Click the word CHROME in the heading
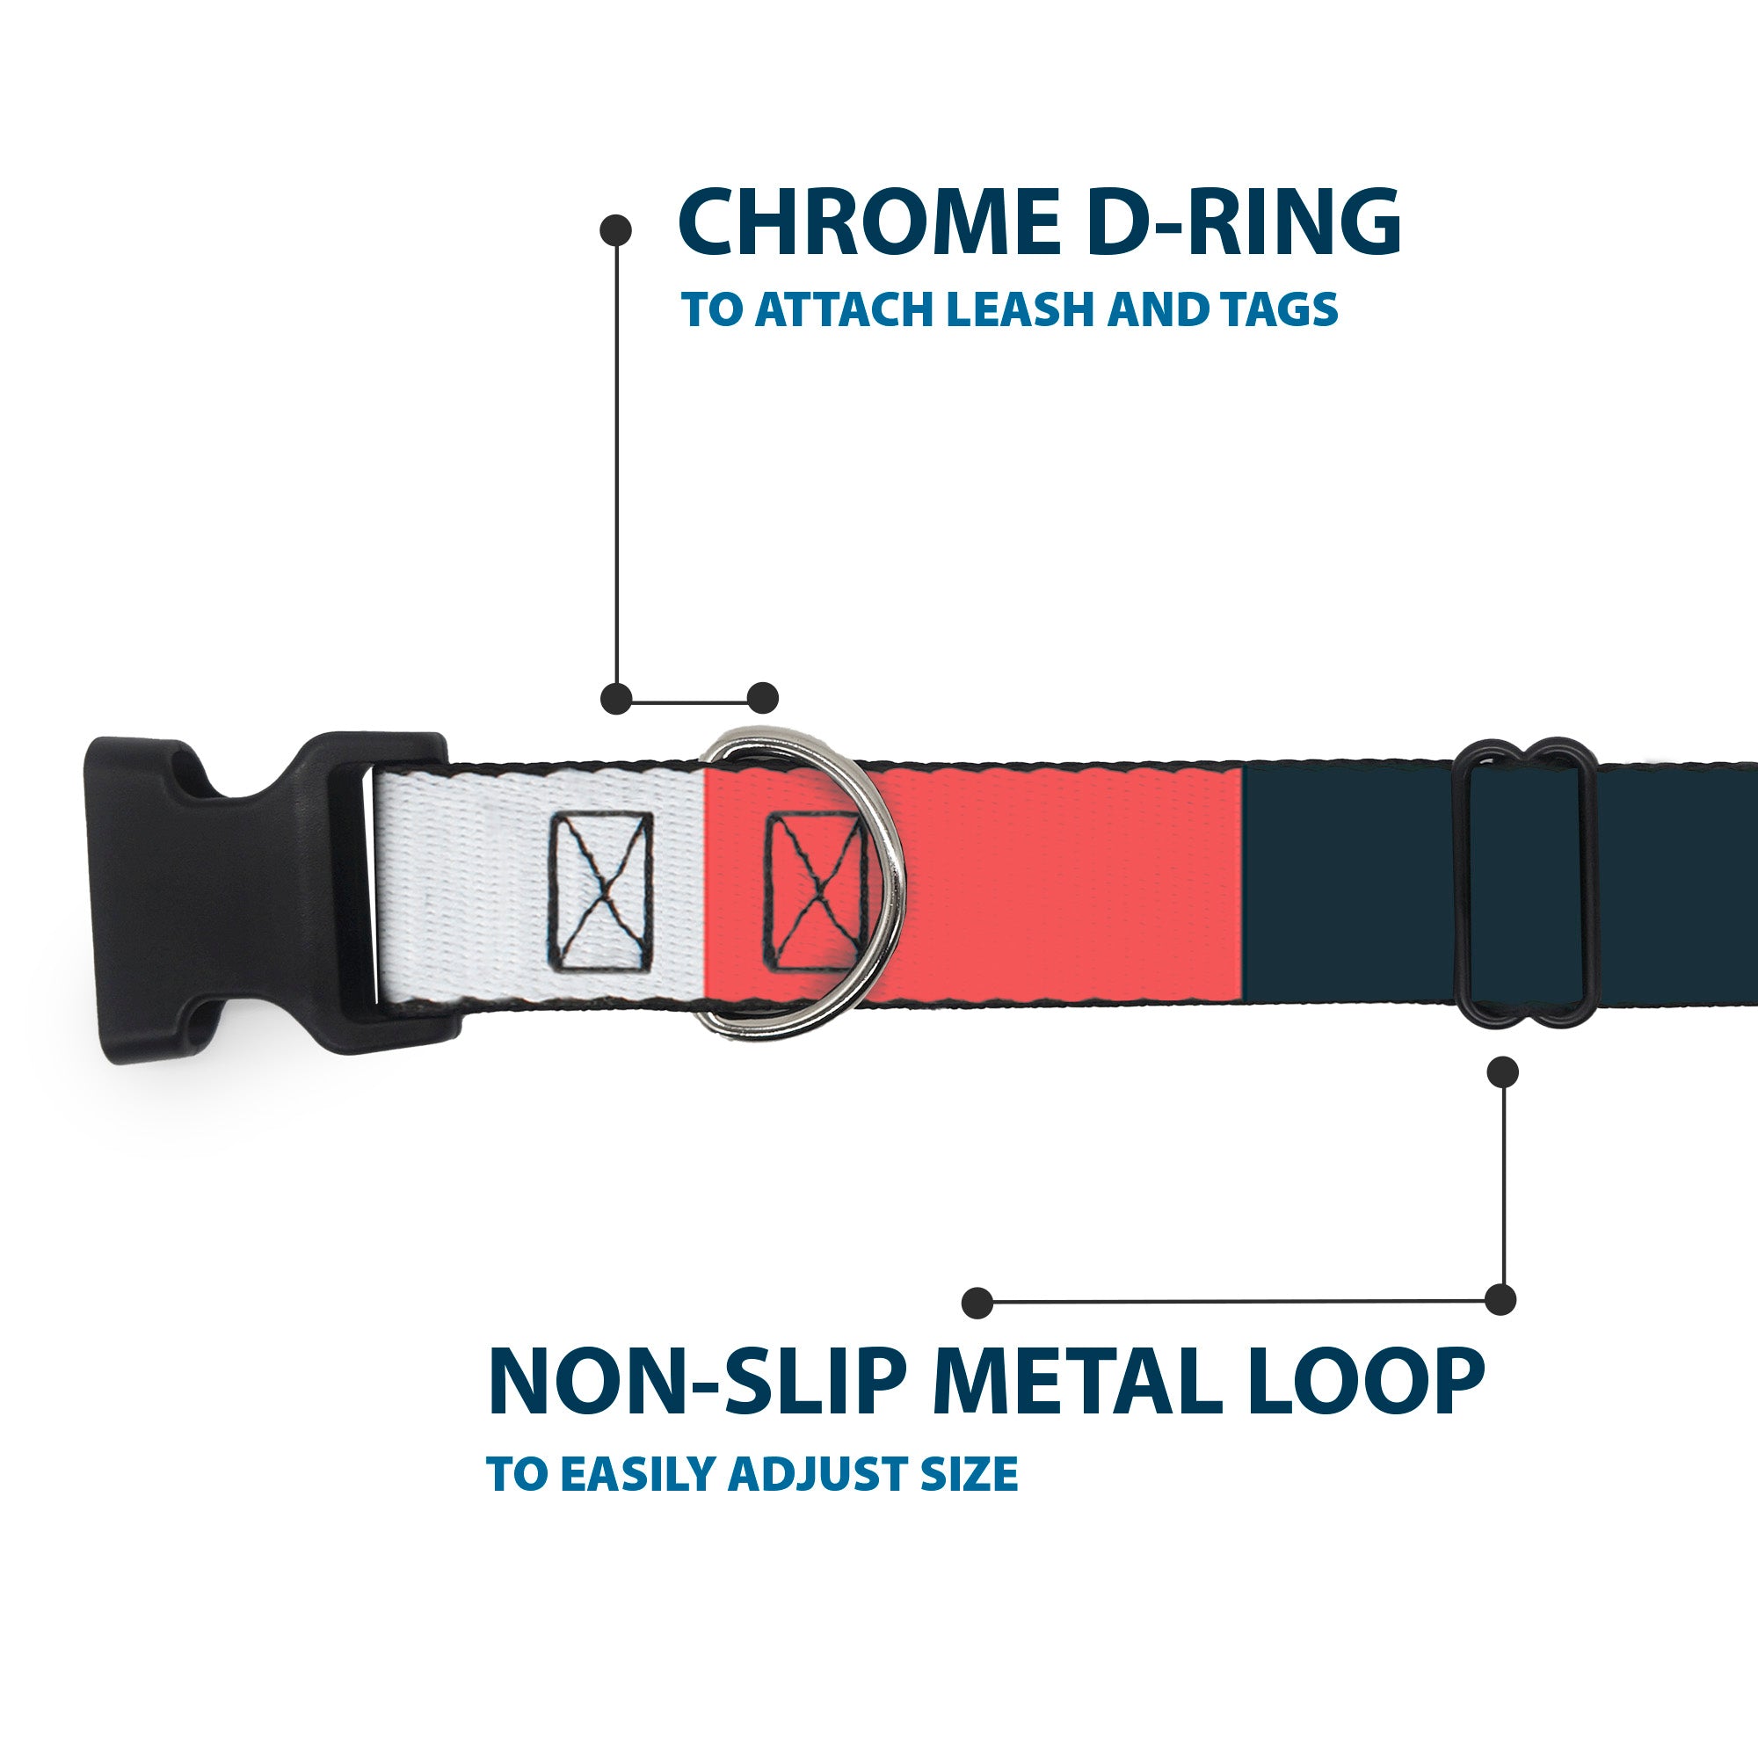[x=869, y=223]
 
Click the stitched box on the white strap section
[x=600, y=890]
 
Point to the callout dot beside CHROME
[x=616, y=230]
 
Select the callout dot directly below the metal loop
[x=1502, y=1072]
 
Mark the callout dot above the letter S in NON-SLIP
[x=977, y=1302]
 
